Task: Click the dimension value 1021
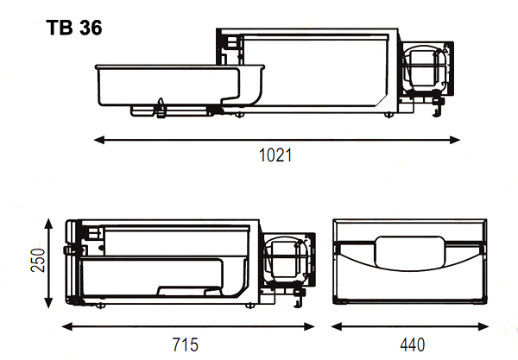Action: click(275, 156)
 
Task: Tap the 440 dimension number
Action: click(412, 345)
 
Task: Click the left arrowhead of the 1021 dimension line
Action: click(98, 138)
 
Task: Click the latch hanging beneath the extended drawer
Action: click(161, 109)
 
